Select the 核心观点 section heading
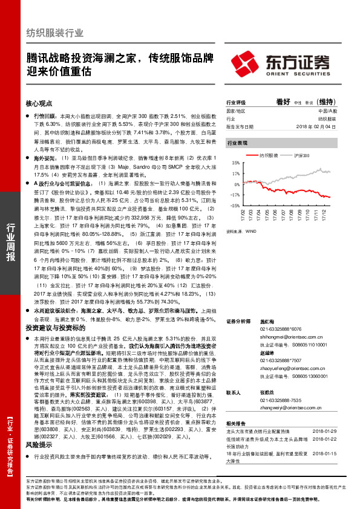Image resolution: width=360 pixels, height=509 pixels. [x=39, y=103]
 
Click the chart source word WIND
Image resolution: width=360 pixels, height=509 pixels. [x=251, y=230]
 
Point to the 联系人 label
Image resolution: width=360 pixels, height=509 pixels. [x=233, y=392]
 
